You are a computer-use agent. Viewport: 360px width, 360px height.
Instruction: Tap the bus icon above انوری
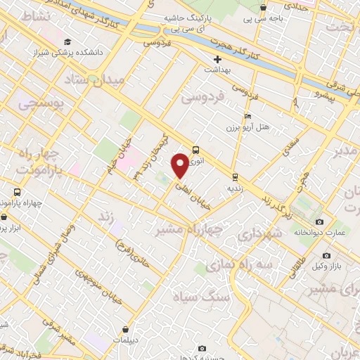pos(195,150)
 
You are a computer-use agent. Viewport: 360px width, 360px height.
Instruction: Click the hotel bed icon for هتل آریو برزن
pos(246,117)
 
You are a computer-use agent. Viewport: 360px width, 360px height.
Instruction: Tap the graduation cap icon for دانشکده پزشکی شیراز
pos(67,41)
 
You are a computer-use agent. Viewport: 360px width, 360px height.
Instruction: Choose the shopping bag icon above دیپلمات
pos(125,328)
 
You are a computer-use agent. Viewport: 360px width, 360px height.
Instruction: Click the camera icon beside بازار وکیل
pos(326,255)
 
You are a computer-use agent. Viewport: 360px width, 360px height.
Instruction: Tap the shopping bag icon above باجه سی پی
pos(263,8)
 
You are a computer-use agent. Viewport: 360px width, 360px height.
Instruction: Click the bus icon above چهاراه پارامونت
pos(16,192)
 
